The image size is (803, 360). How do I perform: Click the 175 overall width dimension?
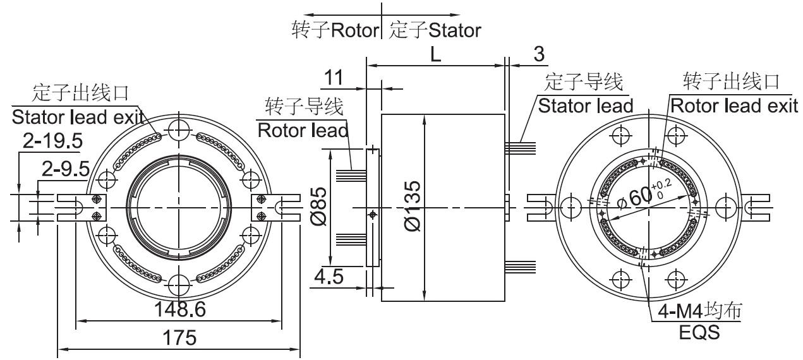(179, 337)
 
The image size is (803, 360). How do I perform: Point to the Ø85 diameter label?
(319, 207)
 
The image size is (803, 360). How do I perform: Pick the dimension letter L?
(436, 54)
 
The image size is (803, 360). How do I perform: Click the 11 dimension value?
(333, 78)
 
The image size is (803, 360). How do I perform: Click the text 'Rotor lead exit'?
(734, 105)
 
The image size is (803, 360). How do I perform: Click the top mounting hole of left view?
(179, 130)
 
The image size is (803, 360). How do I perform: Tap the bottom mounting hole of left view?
(179, 284)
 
